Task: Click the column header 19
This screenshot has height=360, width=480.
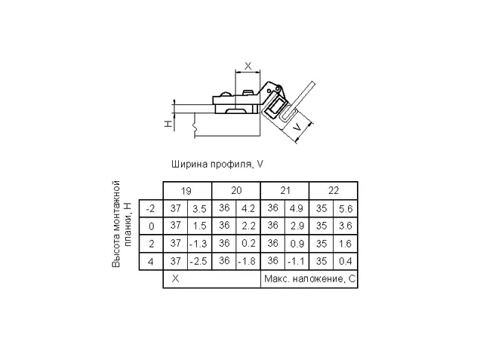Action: click(186, 191)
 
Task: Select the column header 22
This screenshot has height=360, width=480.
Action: click(334, 190)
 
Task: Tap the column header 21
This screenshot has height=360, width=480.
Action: click(285, 190)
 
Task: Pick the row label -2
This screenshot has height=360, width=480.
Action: click(150, 209)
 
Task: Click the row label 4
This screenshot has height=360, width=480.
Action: click(150, 262)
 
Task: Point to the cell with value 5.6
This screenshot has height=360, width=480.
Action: click(346, 209)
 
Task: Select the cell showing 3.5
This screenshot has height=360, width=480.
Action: click(199, 209)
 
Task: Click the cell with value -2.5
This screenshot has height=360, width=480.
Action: click(198, 262)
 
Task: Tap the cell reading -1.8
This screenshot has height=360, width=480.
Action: click(247, 262)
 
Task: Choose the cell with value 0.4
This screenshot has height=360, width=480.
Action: click(346, 261)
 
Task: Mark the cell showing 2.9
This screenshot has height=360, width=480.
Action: click(297, 226)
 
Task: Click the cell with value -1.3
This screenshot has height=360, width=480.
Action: click(198, 244)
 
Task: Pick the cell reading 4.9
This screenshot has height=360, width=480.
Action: click(297, 208)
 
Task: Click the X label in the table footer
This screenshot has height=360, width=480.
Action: click(175, 279)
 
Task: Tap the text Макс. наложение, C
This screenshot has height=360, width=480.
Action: click(309, 279)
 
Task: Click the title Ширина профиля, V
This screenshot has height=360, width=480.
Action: click(217, 165)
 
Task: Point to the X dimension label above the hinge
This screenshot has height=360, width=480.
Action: click(248, 66)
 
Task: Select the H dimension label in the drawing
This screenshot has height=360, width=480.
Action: click(168, 124)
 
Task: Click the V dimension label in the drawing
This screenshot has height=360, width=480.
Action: click(297, 128)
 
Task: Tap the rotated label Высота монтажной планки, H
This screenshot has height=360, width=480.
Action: click(122, 224)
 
